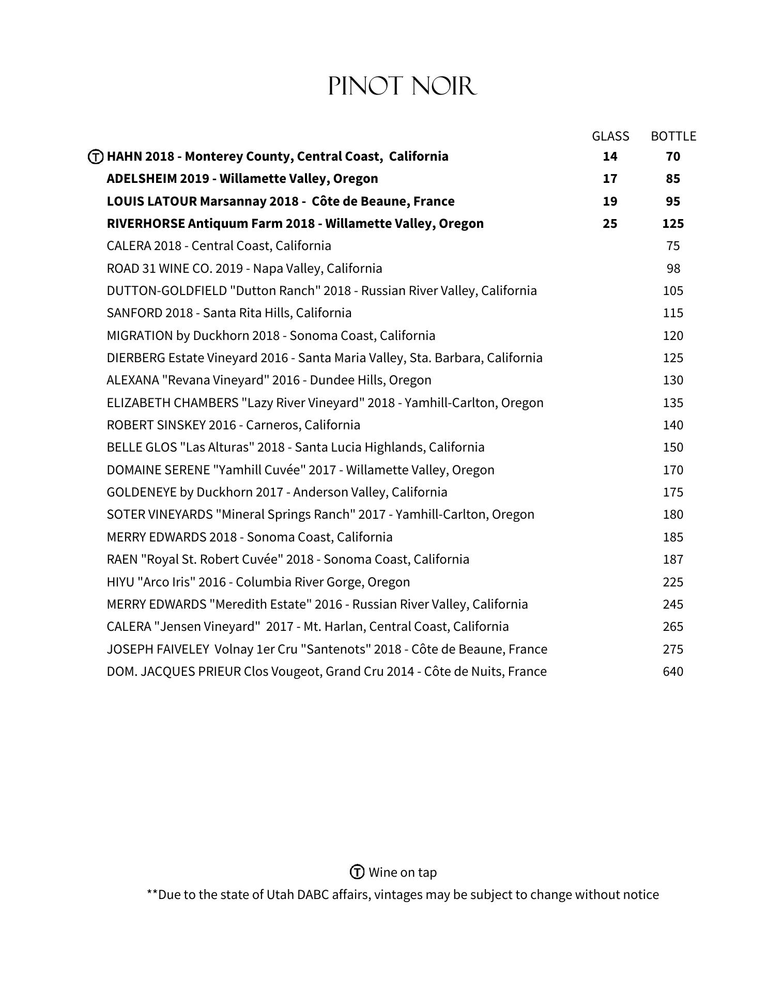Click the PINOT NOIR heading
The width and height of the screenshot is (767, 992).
402,86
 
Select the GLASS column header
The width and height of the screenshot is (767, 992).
610,136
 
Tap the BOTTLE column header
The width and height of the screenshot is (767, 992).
673,136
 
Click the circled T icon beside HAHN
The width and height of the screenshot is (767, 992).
96,157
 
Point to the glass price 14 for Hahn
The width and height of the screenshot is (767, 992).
610,156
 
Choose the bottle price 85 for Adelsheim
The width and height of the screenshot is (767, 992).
673,179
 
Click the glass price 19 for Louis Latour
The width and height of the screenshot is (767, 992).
610,201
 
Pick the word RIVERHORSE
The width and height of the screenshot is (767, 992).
146,224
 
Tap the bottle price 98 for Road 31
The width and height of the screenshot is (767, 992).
673,268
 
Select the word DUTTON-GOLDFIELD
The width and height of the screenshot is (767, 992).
167,291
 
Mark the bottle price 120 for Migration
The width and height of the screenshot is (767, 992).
673,335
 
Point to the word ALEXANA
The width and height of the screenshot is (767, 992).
132,380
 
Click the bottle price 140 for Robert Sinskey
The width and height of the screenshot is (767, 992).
673,425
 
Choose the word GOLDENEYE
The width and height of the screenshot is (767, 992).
141,492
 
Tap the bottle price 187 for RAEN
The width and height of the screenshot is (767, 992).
673,559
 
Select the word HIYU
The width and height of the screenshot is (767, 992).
120,582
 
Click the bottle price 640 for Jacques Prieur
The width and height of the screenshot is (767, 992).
673,671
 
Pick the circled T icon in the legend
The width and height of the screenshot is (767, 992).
357,872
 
